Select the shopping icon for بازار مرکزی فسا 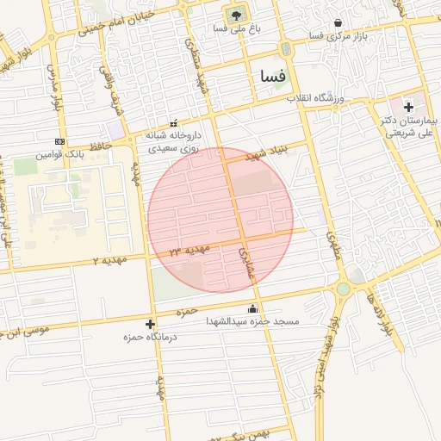(x=336, y=23)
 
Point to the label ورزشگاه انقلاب (x=315, y=99)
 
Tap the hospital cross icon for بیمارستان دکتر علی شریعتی (x=407, y=107)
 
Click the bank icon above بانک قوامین (x=59, y=141)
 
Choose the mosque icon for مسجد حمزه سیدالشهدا (x=252, y=309)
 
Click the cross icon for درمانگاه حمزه (x=152, y=325)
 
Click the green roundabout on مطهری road (x=343, y=289)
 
